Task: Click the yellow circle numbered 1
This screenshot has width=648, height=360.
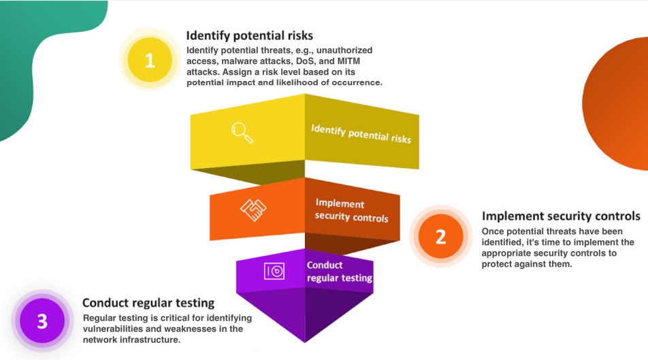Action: point(150,60)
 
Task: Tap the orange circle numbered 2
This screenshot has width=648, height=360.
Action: point(440,236)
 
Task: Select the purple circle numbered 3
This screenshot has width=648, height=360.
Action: point(42,321)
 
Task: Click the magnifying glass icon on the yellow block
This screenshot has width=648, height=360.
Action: point(242,131)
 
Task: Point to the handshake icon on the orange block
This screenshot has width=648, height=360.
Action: point(253,210)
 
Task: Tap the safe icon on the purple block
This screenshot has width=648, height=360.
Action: point(275,271)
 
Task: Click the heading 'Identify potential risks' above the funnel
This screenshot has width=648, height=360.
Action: point(250,35)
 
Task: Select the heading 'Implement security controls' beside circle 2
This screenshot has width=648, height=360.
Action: point(561,216)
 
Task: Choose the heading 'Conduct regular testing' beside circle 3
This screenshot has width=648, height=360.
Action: point(148,303)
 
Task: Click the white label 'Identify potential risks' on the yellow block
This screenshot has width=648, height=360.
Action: point(361,133)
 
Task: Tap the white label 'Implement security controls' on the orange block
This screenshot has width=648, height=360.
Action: point(351,211)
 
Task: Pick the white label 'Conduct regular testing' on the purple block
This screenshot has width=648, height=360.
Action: point(339,272)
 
